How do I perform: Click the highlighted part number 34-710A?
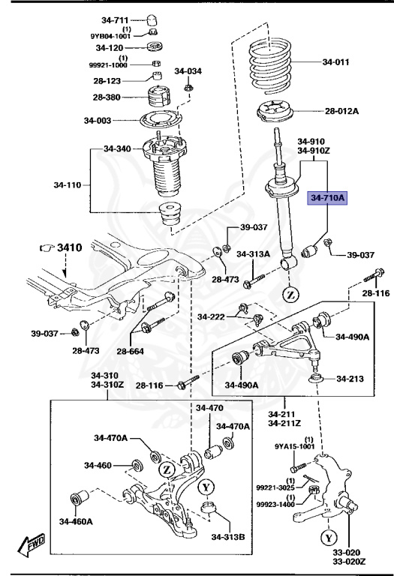coord(327,198)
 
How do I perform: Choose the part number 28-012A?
coord(341,112)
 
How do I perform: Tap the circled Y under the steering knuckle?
coord(328,538)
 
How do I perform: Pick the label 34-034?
coord(188,71)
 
